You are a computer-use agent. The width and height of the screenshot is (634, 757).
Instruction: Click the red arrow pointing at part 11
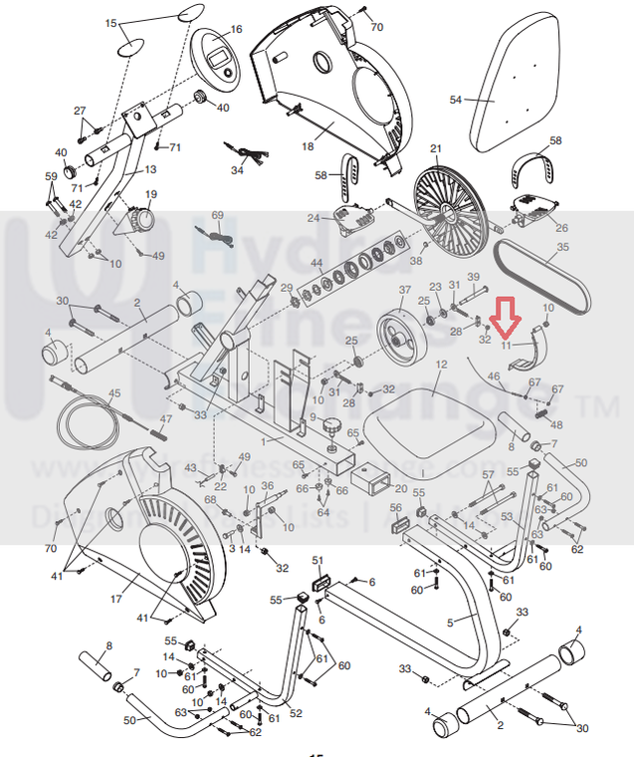point(507,318)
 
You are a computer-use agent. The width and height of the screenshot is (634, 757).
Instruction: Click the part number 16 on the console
point(236,30)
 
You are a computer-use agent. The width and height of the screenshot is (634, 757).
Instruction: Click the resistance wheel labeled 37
point(404,334)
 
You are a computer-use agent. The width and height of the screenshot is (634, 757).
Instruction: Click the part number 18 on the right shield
point(309,146)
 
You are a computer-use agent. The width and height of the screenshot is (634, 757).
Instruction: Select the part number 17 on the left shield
point(115,599)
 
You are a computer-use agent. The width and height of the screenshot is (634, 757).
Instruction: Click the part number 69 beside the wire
point(217,216)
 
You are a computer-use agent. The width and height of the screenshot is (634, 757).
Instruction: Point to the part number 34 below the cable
point(237,170)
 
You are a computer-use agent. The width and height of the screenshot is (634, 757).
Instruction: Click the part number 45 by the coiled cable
point(114,393)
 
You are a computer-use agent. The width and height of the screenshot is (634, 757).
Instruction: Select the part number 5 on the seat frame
point(450,622)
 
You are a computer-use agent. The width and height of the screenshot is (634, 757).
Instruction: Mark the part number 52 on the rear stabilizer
point(295,713)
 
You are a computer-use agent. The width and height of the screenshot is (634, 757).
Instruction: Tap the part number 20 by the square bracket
point(401,489)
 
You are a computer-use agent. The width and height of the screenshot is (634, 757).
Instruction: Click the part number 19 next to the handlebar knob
point(151,194)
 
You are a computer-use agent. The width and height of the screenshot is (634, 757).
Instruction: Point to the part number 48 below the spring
point(555,422)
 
